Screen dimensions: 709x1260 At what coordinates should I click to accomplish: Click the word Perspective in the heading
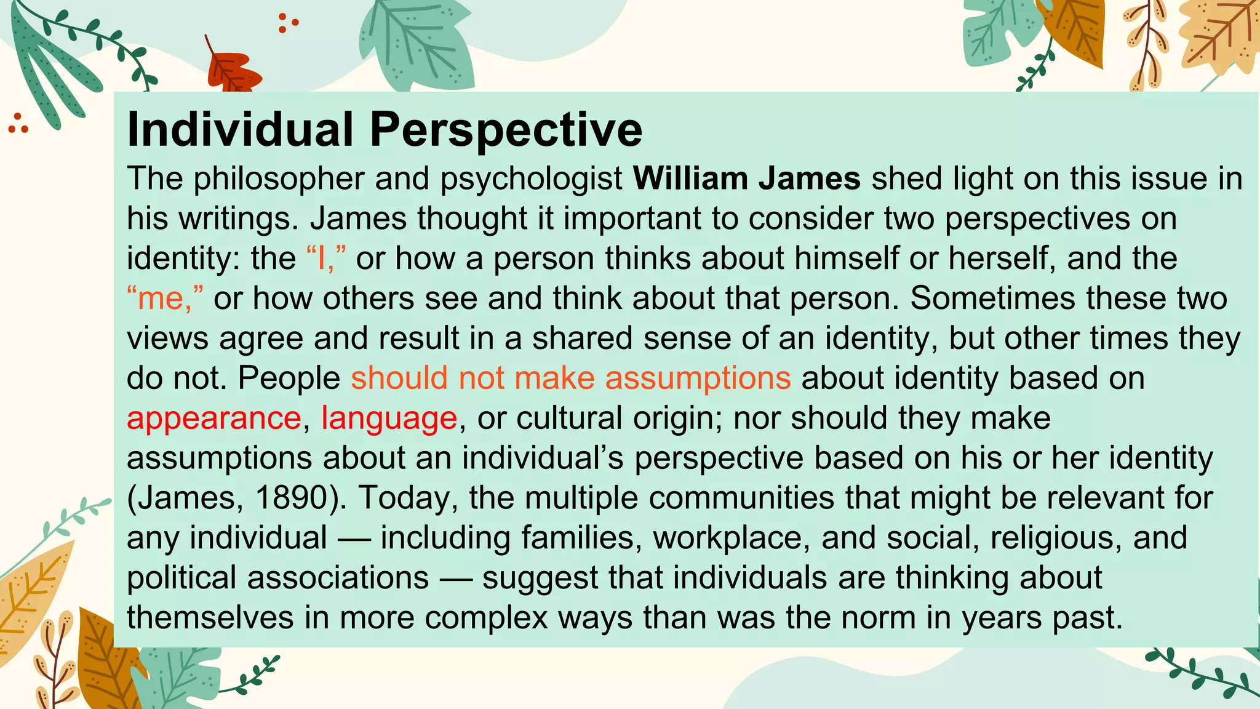(506, 130)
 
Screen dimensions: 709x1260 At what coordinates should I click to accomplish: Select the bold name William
(690, 178)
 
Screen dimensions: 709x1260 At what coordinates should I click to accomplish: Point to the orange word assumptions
(698, 378)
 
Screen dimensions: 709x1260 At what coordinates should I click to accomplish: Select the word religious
(1052, 538)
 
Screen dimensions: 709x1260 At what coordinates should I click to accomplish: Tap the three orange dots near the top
(287, 23)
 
